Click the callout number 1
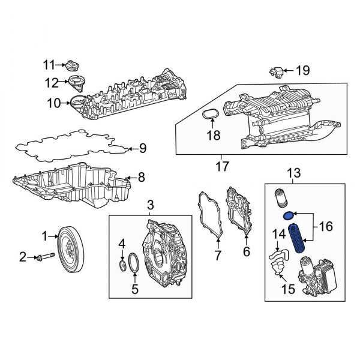click(x=43, y=238)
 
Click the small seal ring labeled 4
click(x=122, y=265)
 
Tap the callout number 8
click(x=142, y=177)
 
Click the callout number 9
click(x=143, y=148)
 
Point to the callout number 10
click(x=54, y=103)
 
